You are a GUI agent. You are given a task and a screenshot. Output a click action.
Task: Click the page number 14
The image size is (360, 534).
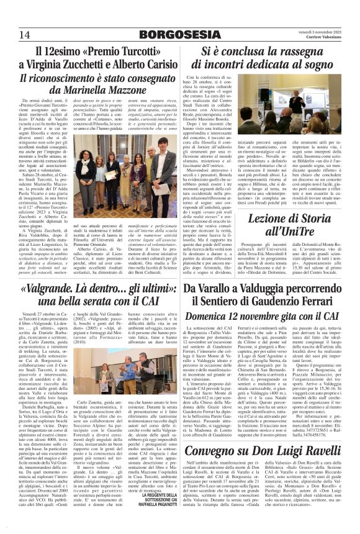coord(25,34)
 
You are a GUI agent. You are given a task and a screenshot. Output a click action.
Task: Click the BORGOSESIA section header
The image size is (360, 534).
coord(179,34)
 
